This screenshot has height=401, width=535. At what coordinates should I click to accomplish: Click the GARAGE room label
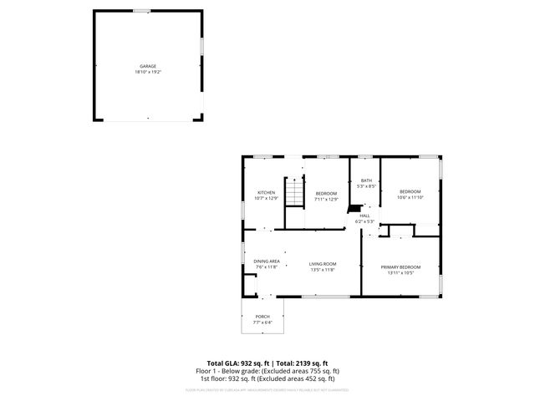click(147, 66)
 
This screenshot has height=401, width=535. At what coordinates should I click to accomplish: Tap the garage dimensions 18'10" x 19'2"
click(147, 72)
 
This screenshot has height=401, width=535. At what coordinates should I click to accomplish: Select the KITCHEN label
click(266, 193)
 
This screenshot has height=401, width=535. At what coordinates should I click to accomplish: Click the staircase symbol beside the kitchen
click(294, 193)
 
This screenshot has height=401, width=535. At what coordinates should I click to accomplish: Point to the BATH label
click(366, 180)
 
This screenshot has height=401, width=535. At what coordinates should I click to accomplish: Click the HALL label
click(364, 216)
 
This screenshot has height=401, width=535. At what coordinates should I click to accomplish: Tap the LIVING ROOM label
click(322, 264)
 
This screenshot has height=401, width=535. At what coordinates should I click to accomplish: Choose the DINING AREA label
click(267, 261)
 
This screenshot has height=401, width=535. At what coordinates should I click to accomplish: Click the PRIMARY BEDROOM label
click(400, 267)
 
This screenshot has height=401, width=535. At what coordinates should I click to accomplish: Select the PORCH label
click(262, 317)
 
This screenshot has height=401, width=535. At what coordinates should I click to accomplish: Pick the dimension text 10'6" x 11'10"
click(410, 197)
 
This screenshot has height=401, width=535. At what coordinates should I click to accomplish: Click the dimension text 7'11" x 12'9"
click(326, 199)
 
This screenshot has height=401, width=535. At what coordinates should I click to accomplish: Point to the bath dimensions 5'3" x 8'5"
click(366, 186)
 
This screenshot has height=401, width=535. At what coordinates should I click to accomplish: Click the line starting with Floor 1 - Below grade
click(267, 371)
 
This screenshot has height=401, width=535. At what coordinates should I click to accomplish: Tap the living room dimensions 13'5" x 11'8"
click(322, 270)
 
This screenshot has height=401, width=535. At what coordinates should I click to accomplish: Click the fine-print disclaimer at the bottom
click(267, 389)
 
